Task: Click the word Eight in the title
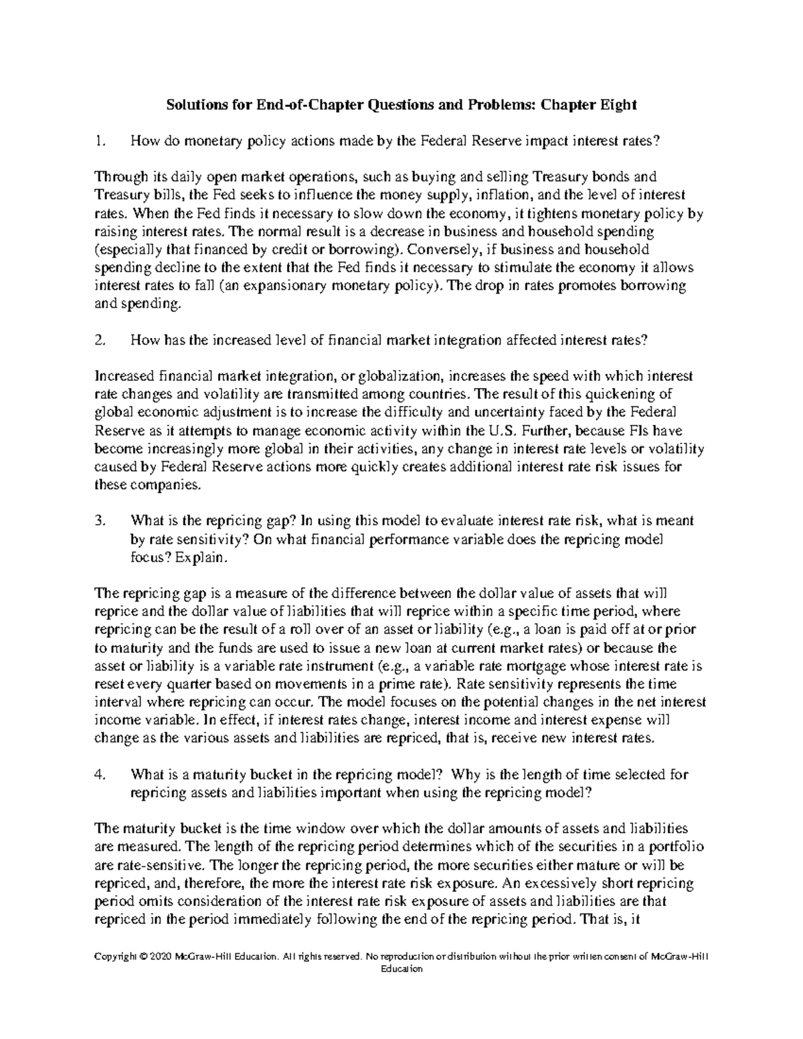point(614,105)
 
